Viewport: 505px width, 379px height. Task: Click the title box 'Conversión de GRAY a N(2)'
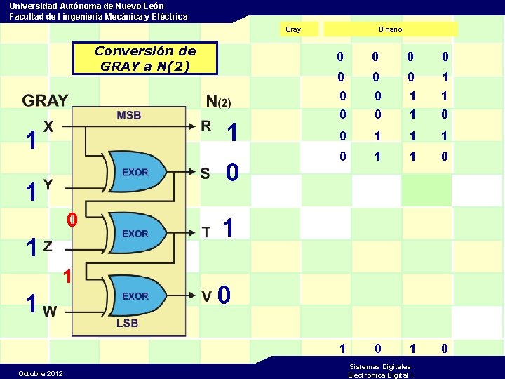point(145,58)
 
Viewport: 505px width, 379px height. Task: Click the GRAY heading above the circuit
point(45,101)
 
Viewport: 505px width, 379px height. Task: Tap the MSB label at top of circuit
point(129,115)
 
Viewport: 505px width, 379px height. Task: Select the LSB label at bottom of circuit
point(127,323)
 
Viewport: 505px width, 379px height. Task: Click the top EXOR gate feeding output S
point(136,172)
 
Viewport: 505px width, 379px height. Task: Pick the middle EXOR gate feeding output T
point(136,233)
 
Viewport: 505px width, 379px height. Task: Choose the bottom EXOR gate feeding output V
point(136,296)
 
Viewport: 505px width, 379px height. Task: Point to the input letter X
point(48,126)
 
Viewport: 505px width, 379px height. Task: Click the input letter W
point(50,311)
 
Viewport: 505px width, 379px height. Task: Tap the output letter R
point(206,126)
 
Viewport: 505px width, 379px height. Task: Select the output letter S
point(205,173)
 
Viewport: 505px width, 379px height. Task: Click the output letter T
point(206,232)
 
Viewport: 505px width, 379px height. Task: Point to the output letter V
point(208,297)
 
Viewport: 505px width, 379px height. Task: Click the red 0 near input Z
point(71,220)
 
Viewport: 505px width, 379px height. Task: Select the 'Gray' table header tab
point(293,29)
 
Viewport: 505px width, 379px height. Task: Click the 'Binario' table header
point(390,29)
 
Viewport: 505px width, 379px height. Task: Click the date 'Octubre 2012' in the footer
point(41,373)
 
